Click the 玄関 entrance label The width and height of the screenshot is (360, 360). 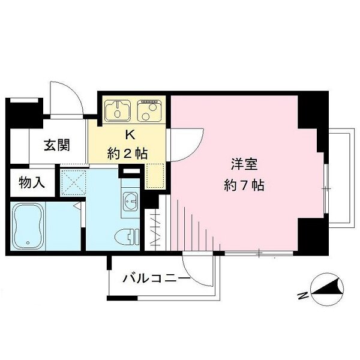tap(57, 145)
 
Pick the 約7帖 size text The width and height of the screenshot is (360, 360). tap(242, 185)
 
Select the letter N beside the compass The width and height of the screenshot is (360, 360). tap(302, 295)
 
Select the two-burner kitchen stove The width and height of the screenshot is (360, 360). tap(149, 110)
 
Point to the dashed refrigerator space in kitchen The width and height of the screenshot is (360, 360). tap(155, 174)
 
